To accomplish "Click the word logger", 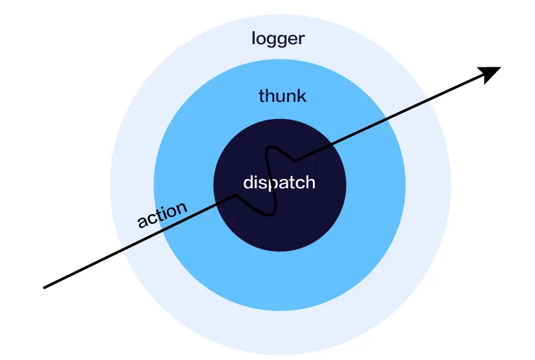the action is coord(278,39).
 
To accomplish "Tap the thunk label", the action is coord(282,96).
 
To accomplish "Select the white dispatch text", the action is coord(279,182).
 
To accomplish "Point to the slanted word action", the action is coord(162,215).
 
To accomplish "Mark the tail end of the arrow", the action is coord(44,288).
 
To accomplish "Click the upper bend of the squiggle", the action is coord(271,147).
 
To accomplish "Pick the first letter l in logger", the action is coord(253,38).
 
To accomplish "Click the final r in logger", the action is coord(301,40).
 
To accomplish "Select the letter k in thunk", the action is coord(302,96).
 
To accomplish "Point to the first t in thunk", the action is coord(262,96).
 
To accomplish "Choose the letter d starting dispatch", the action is coord(248,182).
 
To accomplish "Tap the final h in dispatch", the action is coord(310,182).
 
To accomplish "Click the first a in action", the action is coord(142,221).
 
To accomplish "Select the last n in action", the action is coord(181,207).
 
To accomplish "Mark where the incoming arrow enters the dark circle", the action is coord(218,203).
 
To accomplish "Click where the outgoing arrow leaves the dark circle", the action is coord(332,144).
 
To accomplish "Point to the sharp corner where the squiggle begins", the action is coord(236,195).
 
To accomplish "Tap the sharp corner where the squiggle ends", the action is coord(294,160).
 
